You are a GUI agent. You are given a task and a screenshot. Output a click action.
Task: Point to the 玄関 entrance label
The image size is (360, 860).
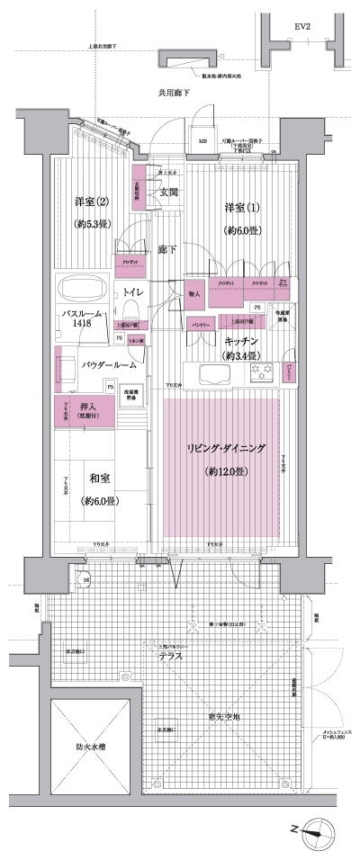169,193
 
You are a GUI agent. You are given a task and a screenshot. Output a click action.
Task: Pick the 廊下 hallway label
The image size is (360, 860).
168,249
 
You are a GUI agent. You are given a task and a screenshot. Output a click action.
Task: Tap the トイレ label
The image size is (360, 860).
135,292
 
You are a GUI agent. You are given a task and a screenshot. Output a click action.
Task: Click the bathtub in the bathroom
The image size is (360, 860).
82,291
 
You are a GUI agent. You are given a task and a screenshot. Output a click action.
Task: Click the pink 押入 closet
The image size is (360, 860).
84,412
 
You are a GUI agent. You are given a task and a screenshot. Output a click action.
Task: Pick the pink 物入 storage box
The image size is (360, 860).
194,294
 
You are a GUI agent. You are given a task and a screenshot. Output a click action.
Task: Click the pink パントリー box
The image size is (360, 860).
201,324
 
